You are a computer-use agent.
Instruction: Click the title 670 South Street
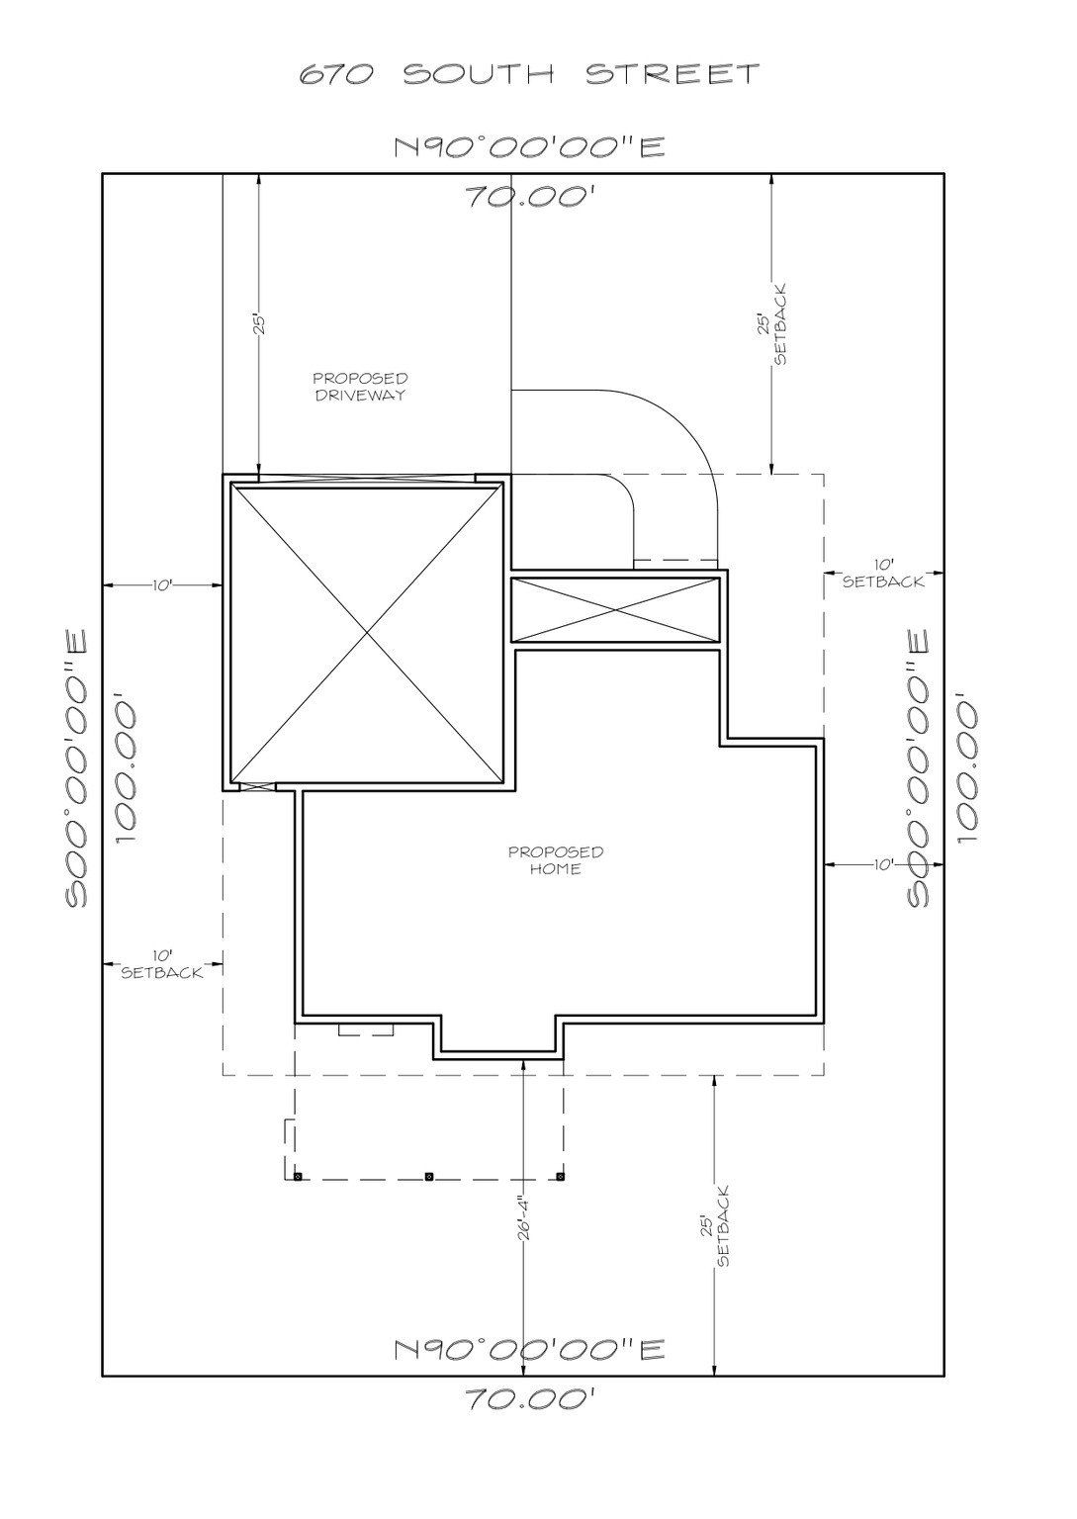coord(530,74)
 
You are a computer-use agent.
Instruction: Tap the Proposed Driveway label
coord(360,387)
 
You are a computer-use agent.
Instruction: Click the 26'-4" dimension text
coord(525,1213)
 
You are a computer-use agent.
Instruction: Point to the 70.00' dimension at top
coord(530,196)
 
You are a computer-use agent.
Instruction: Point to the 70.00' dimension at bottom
coord(530,1399)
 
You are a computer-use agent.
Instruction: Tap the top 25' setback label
coord(772,339)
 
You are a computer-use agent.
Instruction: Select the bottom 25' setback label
coord(715,1226)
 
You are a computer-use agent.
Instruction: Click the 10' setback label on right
coord(883,575)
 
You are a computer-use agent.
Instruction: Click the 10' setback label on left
coord(162,964)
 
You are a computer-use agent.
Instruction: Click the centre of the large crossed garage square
coord(367,632)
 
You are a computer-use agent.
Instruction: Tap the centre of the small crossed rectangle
coord(615,609)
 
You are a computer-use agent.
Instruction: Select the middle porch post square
coord(428,1176)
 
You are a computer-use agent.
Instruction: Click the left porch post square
coord(297,1176)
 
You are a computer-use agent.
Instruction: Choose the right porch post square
coord(561,1176)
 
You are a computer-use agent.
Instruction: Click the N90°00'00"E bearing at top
coord(530,147)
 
